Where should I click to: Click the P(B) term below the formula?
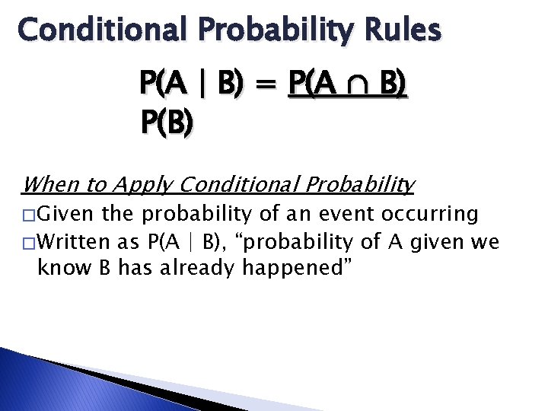165,121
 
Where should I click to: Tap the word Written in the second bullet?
73,243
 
